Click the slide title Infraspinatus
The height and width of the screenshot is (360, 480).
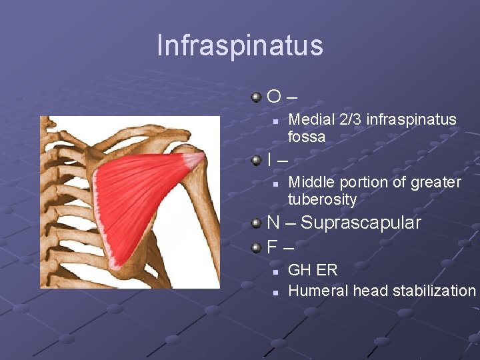click(x=240, y=45)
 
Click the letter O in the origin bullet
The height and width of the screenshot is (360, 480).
click(x=274, y=97)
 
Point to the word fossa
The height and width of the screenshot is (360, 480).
click(x=307, y=137)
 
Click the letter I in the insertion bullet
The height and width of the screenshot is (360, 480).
click(x=269, y=160)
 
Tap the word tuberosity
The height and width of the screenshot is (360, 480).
click(x=322, y=200)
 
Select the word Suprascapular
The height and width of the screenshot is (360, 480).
click(x=361, y=223)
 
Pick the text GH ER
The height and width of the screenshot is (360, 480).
click(x=313, y=271)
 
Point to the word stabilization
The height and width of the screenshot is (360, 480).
click(x=434, y=291)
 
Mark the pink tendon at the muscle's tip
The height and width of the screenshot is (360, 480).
click(x=193, y=160)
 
